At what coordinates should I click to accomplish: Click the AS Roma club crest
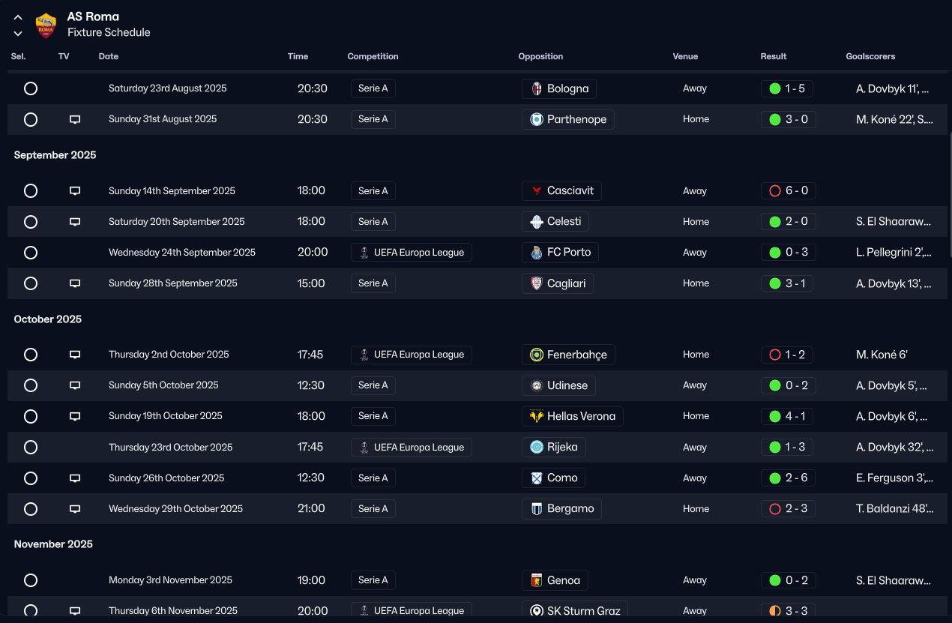click(x=46, y=25)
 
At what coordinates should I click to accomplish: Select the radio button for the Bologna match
click(x=31, y=88)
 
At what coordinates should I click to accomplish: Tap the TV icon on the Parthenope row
click(x=75, y=119)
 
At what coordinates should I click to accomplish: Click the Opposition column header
click(x=540, y=56)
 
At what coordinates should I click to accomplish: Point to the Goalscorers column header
click(x=870, y=56)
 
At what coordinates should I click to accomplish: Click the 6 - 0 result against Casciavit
click(x=788, y=191)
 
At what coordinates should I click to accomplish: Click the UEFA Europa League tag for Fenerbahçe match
click(x=411, y=355)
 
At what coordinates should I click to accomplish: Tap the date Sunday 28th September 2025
click(x=172, y=283)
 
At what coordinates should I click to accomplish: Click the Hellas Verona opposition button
click(x=572, y=416)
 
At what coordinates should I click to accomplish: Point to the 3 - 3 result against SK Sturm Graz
click(x=788, y=611)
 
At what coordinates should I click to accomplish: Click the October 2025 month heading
click(x=48, y=319)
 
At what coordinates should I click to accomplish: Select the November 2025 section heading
click(x=53, y=544)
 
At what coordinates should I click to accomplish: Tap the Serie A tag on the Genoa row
click(x=373, y=580)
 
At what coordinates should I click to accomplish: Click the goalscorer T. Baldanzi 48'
click(x=894, y=509)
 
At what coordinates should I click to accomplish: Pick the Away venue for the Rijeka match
click(x=695, y=448)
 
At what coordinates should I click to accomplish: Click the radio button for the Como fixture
click(x=31, y=478)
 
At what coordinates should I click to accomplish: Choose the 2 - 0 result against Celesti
click(x=788, y=222)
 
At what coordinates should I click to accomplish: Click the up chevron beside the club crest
click(x=18, y=17)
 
